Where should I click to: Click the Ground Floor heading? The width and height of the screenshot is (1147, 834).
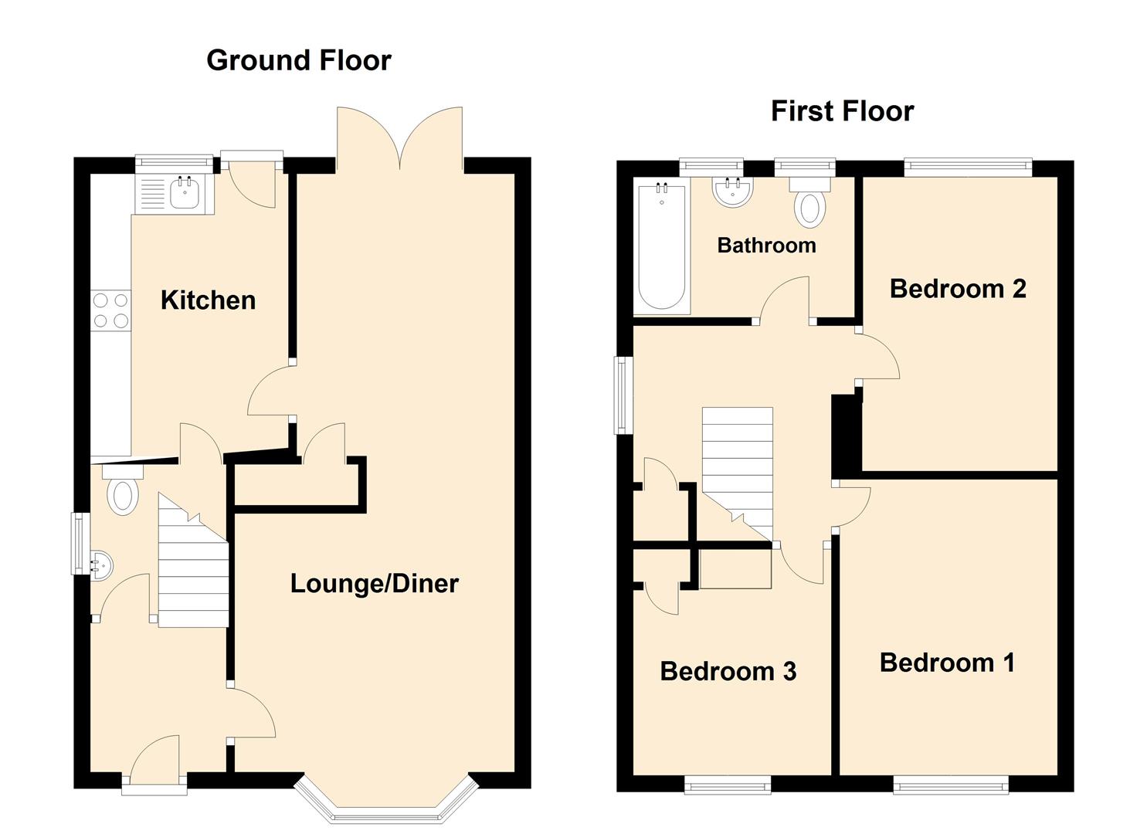[x=299, y=60]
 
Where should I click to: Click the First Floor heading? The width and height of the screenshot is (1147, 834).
[x=842, y=111]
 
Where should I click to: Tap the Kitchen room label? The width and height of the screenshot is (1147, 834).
[x=208, y=300]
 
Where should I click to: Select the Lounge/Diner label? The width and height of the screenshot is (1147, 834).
[x=374, y=583]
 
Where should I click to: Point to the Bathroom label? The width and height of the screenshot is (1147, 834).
[x=766, y=246]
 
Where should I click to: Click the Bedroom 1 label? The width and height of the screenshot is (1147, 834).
[x=947, y=663]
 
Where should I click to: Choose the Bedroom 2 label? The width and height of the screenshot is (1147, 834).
[x=958, y=289]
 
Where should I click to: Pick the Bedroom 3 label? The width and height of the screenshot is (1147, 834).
[x=728, y=671]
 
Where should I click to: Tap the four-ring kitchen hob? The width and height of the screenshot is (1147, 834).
[x=110, y=310]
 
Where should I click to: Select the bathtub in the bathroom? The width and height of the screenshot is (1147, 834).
[x=662, y=248]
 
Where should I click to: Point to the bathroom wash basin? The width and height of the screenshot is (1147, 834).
[x=732, y=192]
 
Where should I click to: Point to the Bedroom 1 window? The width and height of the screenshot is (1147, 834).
[x=951, y=785]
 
